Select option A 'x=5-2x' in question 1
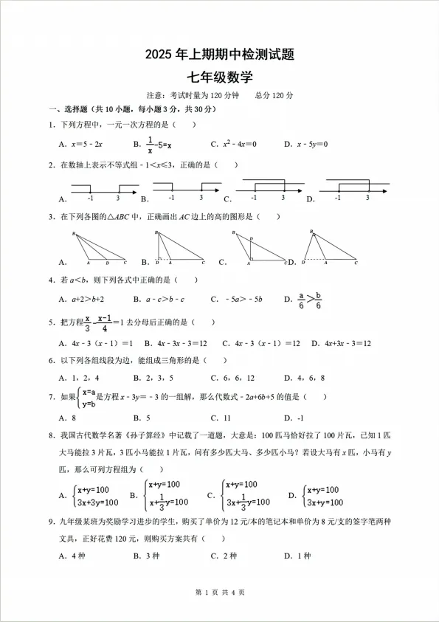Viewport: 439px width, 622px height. point(84,144)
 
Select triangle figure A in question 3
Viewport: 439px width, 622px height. point(99,249)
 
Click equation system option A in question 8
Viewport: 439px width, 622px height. point(94,496)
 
